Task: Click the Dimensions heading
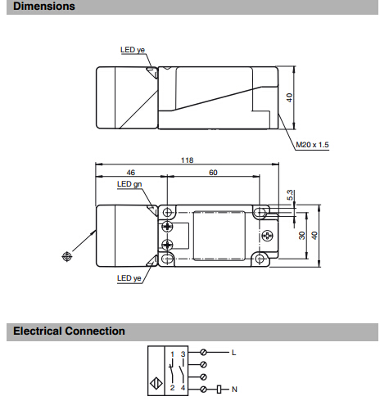[44, 7]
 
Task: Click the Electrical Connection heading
[69, 331]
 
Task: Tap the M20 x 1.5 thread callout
[312, 145]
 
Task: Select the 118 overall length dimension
[188, 160]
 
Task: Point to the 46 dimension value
[131, 173]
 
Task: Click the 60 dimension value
[213, 173]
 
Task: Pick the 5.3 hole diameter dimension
[290, 195]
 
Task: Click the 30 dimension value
[302, 236]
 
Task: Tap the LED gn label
[129, 184]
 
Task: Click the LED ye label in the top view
[133, 50]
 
